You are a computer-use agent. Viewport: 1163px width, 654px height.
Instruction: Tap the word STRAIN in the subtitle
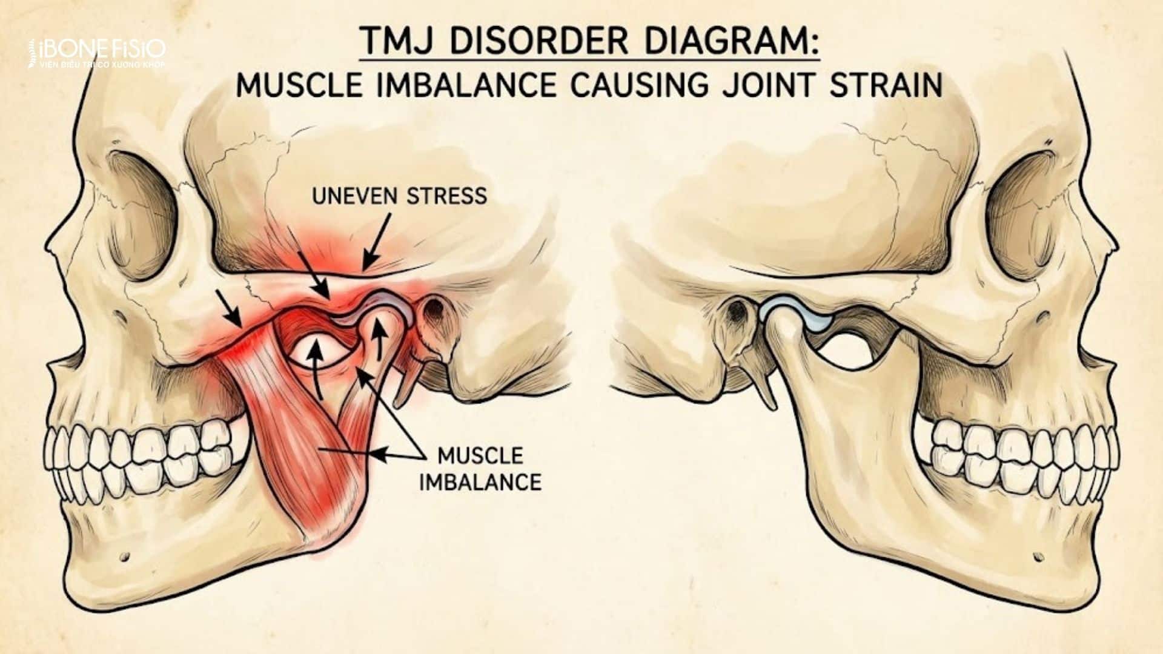pyautogui.click(x=886, y=85)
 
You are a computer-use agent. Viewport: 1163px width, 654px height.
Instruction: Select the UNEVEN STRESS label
pyautogui.click(x=399, y=196)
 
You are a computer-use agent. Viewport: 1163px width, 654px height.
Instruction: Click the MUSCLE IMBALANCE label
pyautogui.click(x=480, y=469)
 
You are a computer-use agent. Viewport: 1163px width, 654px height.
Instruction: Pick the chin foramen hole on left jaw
pyautogui.click(x=125, y=555)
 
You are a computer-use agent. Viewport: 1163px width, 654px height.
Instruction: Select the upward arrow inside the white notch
pyautogui.click(x=314, y=369)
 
